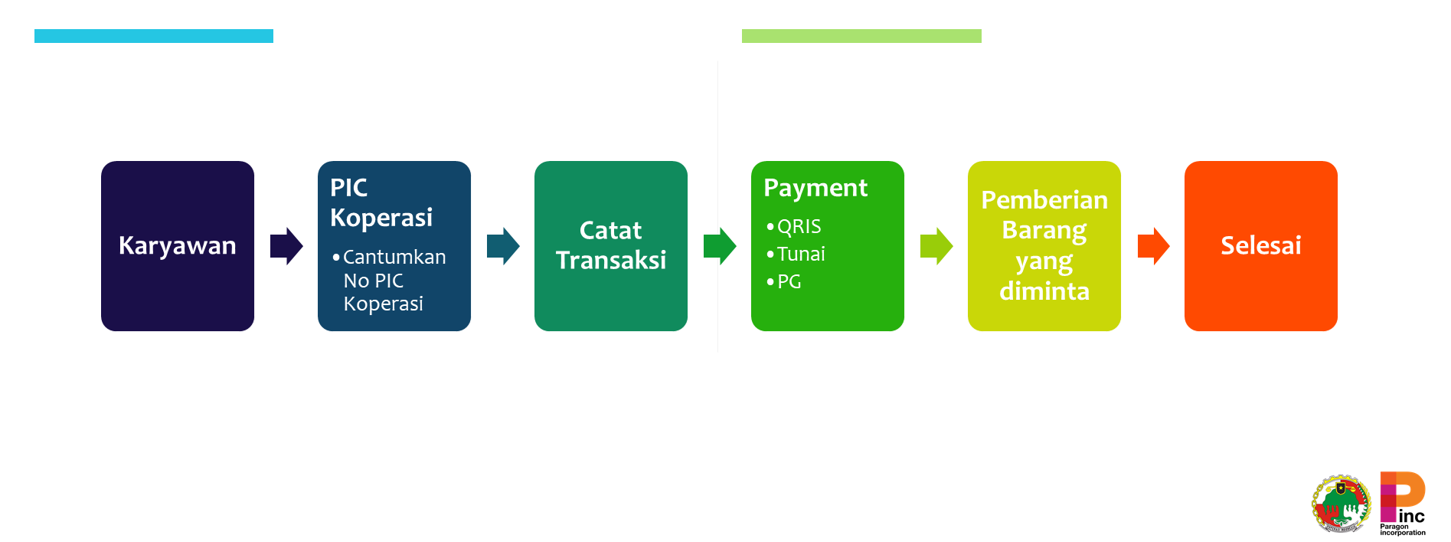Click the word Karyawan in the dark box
(x=177, y=245)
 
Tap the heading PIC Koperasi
(x=381, y=202)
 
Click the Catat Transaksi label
(x=610, y=245)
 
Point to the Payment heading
(x=815, y=188)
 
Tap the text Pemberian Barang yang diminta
(x=1044, y=245)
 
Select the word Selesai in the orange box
(x=1260, y=245)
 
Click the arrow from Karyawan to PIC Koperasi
(x=286, y=246)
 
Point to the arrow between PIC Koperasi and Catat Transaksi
(x=503, y=246)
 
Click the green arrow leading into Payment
(x=720, y=246)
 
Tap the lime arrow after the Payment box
(x=936, y=246)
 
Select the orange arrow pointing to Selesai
(x=1153, y=246)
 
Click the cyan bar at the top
(x=153, y=36)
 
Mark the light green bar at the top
(x=861, y=36)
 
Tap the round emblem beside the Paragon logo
(x=1341, y=504)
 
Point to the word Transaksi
(x=610, y=261)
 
